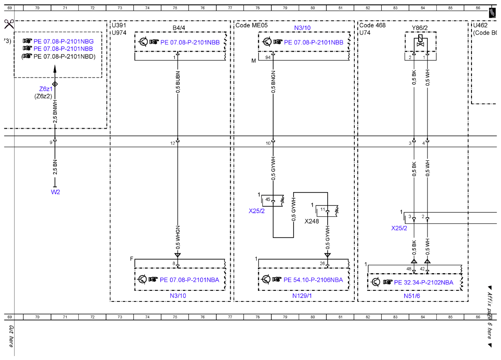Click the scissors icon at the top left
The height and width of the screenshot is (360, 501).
tap(9, 24)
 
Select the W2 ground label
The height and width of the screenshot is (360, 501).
tap(55, 192)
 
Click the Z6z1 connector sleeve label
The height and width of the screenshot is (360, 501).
tap(46, 89)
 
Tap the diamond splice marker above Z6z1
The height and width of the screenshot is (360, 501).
tap(55, 84)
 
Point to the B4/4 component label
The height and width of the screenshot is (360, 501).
tap(179, 28)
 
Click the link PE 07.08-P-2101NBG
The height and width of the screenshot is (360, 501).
tap(63, 41)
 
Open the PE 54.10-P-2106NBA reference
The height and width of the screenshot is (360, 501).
tap(313, 280)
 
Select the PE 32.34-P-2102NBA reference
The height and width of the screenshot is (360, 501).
tap(424, 282)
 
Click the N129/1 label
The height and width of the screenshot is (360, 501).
tap(302, 296)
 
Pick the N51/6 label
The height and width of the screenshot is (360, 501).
tap(412, 296)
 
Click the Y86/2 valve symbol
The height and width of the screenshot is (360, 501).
tap(420, 41)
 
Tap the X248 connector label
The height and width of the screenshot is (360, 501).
tap(312, 221)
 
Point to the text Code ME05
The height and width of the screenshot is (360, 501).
tap(251, 25)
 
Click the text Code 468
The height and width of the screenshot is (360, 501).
tap(372, 25)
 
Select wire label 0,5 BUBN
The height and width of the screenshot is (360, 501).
tap(178, 82)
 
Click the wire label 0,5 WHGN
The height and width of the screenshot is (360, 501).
tap(178, 238)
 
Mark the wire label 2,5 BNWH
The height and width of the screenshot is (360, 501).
tap(55, 111)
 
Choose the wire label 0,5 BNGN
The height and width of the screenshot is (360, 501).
tap(273, 82)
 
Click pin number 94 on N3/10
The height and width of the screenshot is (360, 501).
tap(268, 58)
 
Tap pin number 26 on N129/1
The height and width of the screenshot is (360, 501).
tap(322, 264)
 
